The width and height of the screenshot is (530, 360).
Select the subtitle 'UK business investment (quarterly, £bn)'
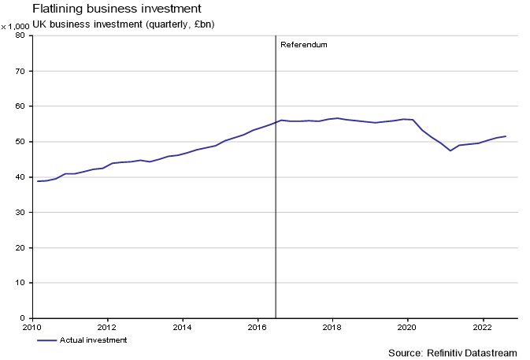pyautogui.click(x=124, y=24)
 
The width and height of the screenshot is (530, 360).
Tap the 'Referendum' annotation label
pyautogui.click(x=303, y=45)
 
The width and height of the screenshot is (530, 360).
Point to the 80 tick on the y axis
pyautogui.click(x=22, y=35)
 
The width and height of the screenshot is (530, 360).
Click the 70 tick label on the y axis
pyautogui.click(x=22, y=71)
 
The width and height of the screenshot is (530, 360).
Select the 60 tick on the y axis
pyautogui.click(x=22, y=106)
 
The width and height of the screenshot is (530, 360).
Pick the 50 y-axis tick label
pyautogui.click(x=22, y=142)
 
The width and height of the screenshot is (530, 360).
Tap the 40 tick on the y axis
pyautogui.click(x=22, y=177)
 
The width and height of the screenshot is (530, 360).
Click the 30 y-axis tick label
pyautogui.click(x=22, y=213)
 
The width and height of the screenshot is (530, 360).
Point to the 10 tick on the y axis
pyautogui.click(x=22, y=283)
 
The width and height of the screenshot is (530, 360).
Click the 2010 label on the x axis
pyautogui.click(x=32, y=326)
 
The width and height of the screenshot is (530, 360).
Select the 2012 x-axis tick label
pyautogui.click(x=107, y=326)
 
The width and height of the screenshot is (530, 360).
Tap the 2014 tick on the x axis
pyautogui.click(x=182, y=326)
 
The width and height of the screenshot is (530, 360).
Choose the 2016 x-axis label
pyautogui.click(x=258, y=326)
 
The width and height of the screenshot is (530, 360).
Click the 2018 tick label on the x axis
pyautogui.click(x=332, y=326)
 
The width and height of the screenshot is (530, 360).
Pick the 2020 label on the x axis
pyautogui.click(x=407, y=326)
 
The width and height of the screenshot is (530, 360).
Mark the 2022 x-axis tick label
pyautogui.click(x=482, y=326)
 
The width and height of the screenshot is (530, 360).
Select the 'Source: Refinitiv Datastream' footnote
pyautogui.click(x=454, y=352)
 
